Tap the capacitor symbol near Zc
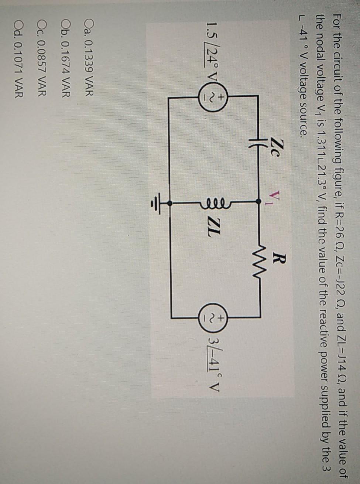click(258, 146)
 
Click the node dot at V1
click(258, 202)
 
